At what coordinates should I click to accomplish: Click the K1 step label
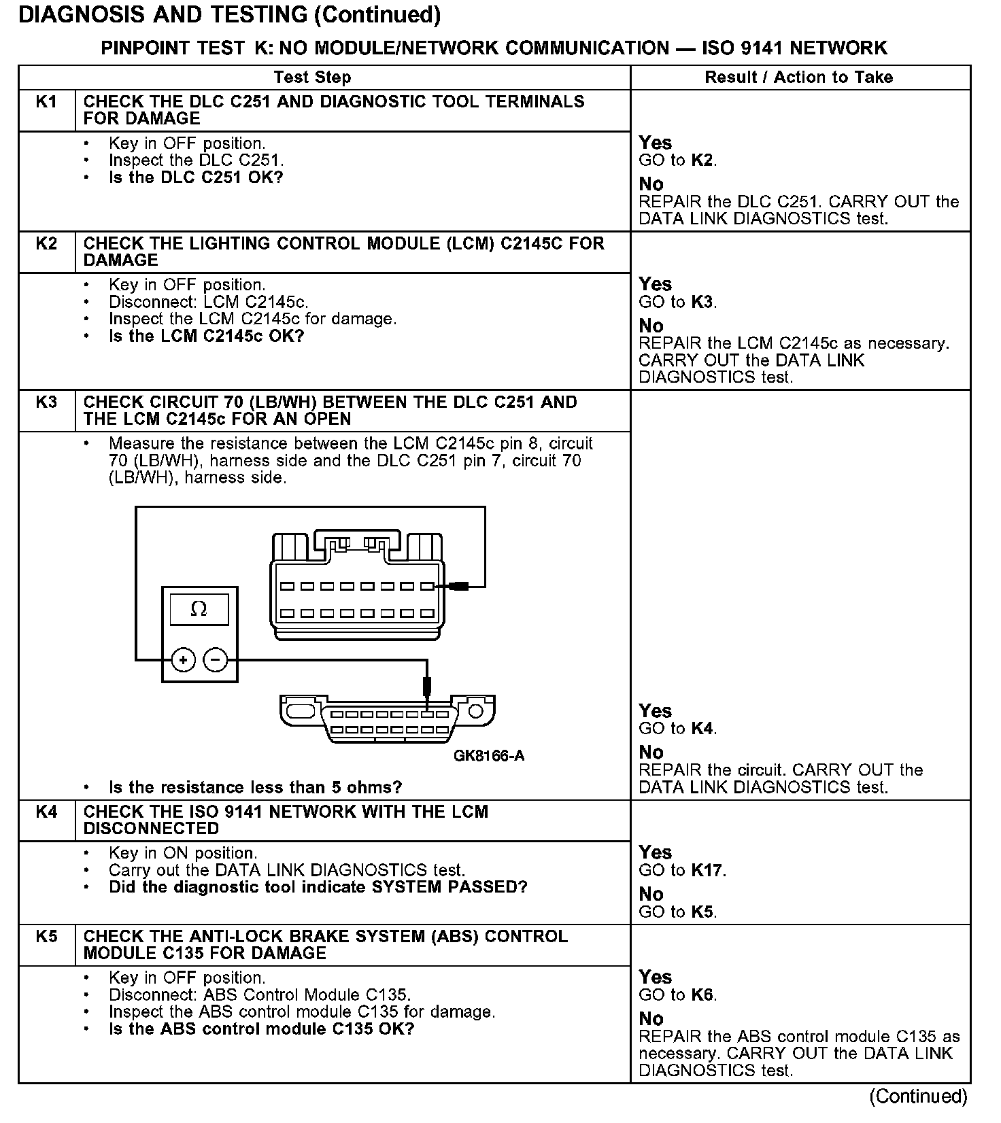46,102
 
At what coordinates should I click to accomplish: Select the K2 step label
46,243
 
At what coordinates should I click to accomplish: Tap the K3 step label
46,402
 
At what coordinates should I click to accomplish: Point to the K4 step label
46,812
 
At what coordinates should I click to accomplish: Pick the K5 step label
46,936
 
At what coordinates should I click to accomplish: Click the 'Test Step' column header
312,77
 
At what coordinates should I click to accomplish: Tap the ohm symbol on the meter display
199,609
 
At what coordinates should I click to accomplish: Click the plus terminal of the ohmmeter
184,659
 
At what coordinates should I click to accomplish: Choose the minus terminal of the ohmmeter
216,659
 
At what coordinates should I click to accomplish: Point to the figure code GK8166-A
489,756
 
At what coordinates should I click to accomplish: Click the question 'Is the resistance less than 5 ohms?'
255,788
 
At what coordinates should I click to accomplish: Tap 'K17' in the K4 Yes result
707,870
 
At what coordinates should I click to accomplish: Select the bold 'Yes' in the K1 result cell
655,143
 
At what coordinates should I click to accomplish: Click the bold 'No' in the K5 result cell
651,1018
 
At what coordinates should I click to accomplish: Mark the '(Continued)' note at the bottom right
918,1096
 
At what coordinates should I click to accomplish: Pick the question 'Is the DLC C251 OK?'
196,177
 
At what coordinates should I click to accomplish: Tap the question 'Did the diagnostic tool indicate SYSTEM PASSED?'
318,887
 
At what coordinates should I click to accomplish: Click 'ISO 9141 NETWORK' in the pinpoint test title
794,48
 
